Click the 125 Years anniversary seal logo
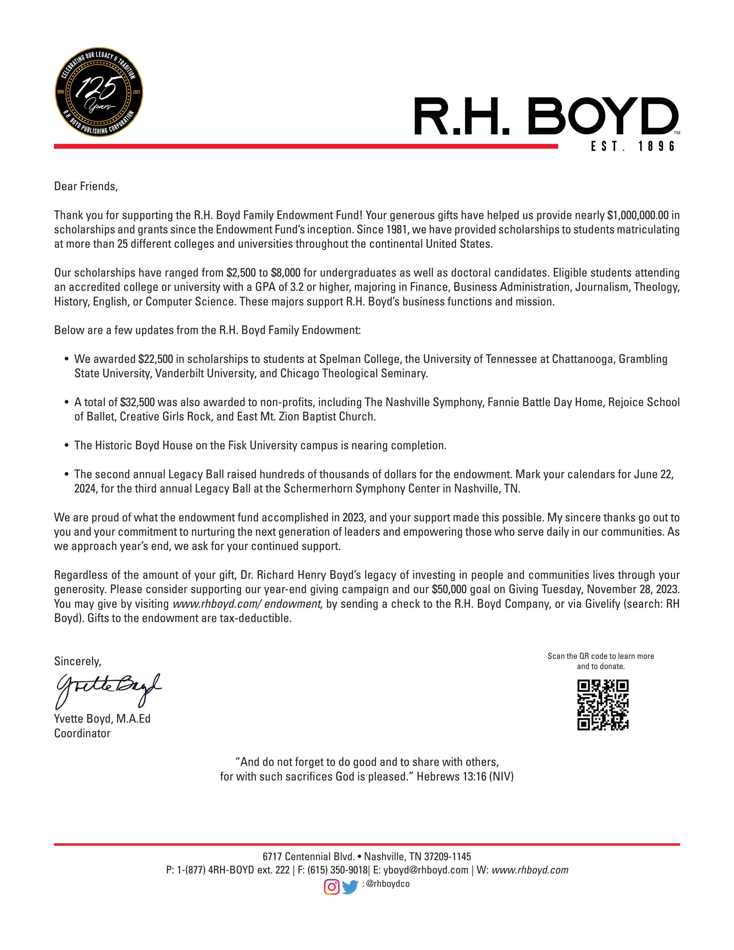tap(99, 92)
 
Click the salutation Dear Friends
tap(86, 187)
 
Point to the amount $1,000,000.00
tap(637, 215)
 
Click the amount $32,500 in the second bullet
tap(137, 402)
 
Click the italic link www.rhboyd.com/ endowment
tap(247, 604)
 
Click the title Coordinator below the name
tap(82, 733)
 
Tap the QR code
tap(603, 705)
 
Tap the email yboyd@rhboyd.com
tap(426, 870)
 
